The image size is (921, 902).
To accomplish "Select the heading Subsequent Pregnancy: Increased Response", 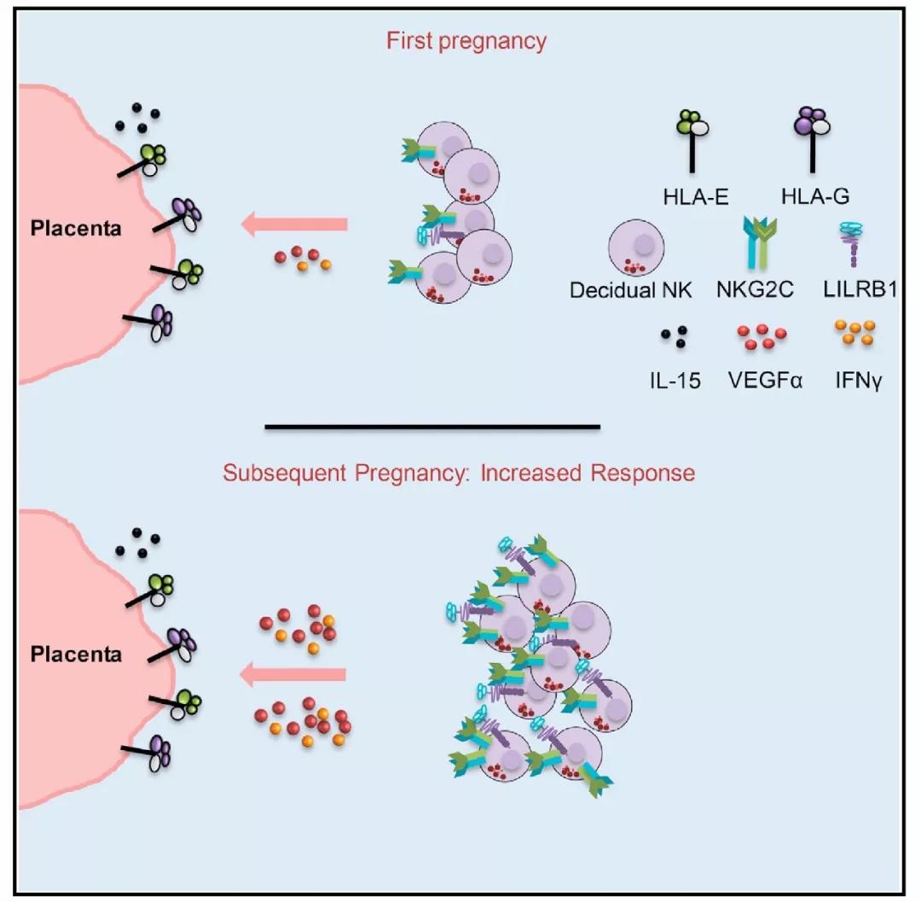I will coord(459,472).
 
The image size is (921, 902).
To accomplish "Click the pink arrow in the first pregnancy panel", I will coord(294,224).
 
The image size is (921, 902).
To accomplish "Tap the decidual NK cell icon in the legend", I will coord(633,243).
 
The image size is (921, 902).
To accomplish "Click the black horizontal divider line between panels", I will coord(432,425).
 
